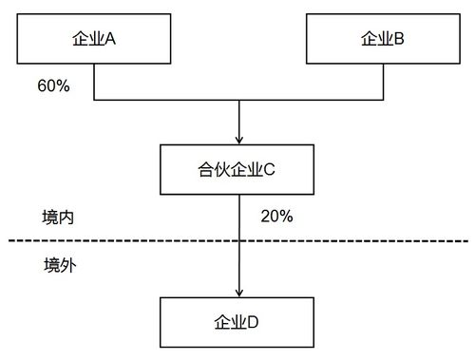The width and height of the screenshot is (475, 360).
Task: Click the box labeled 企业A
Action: point(93,39)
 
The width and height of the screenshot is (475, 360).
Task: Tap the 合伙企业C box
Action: point(238,170)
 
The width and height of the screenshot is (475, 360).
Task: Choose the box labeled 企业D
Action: point(238,321)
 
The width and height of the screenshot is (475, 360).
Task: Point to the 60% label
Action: point(53,85)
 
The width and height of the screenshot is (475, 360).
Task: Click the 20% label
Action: point(275,216)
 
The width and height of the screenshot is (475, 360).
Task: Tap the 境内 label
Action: point(59,217)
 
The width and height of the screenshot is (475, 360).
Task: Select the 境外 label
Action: point(59,264)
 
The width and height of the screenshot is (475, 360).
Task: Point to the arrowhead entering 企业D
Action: point(238,292)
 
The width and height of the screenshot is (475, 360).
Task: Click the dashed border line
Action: point(114,241)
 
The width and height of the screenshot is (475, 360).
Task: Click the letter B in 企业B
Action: point(400,39)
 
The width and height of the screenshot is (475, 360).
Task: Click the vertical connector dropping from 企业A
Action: point(93,82)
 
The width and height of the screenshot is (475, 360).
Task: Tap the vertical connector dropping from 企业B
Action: point(384,82)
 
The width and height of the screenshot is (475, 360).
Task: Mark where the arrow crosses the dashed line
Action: point(238,241)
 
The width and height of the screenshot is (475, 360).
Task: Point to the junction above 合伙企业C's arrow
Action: point(238,99)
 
